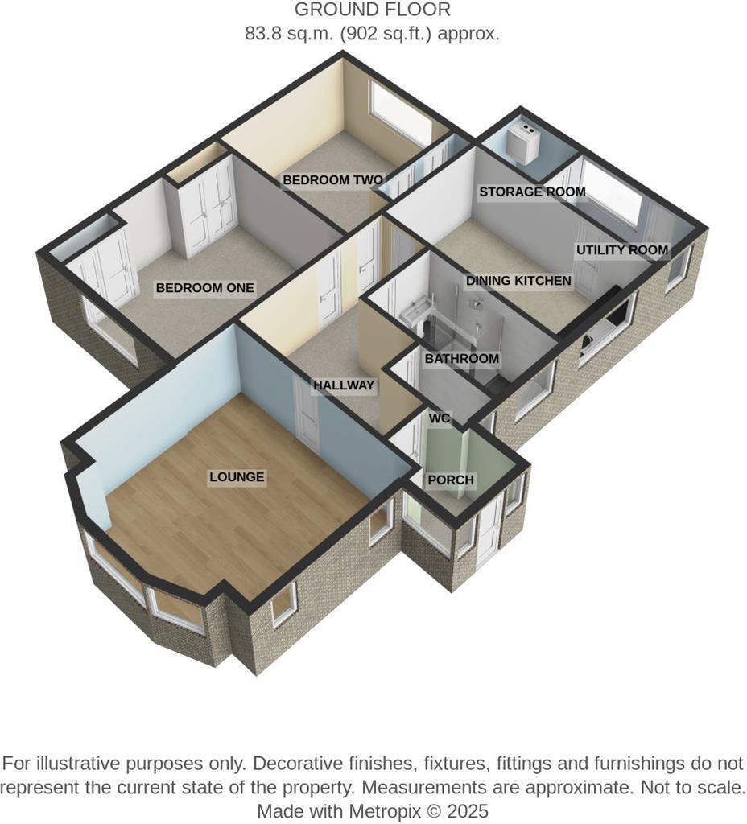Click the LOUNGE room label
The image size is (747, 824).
tap(237, 477)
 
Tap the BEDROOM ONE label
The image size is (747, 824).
tap(204, 288)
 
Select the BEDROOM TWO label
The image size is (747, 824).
tap(332, 180)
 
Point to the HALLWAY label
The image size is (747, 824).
tap(344, 385)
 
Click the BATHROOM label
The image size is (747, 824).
tap(461, 358)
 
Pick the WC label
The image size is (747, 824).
tap(440, 418)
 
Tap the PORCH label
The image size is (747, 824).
tap(451, 480)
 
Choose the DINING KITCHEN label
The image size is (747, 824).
tap(518, 281)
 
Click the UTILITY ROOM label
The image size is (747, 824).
tap(621, 250)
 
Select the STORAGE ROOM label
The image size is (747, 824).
tap(531, 192)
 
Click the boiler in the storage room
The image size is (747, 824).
tap(527, 139)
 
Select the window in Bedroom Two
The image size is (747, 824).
tap(401, 113)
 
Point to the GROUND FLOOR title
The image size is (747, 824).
tap(372, 10)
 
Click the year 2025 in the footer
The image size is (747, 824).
tap(470, 810)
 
